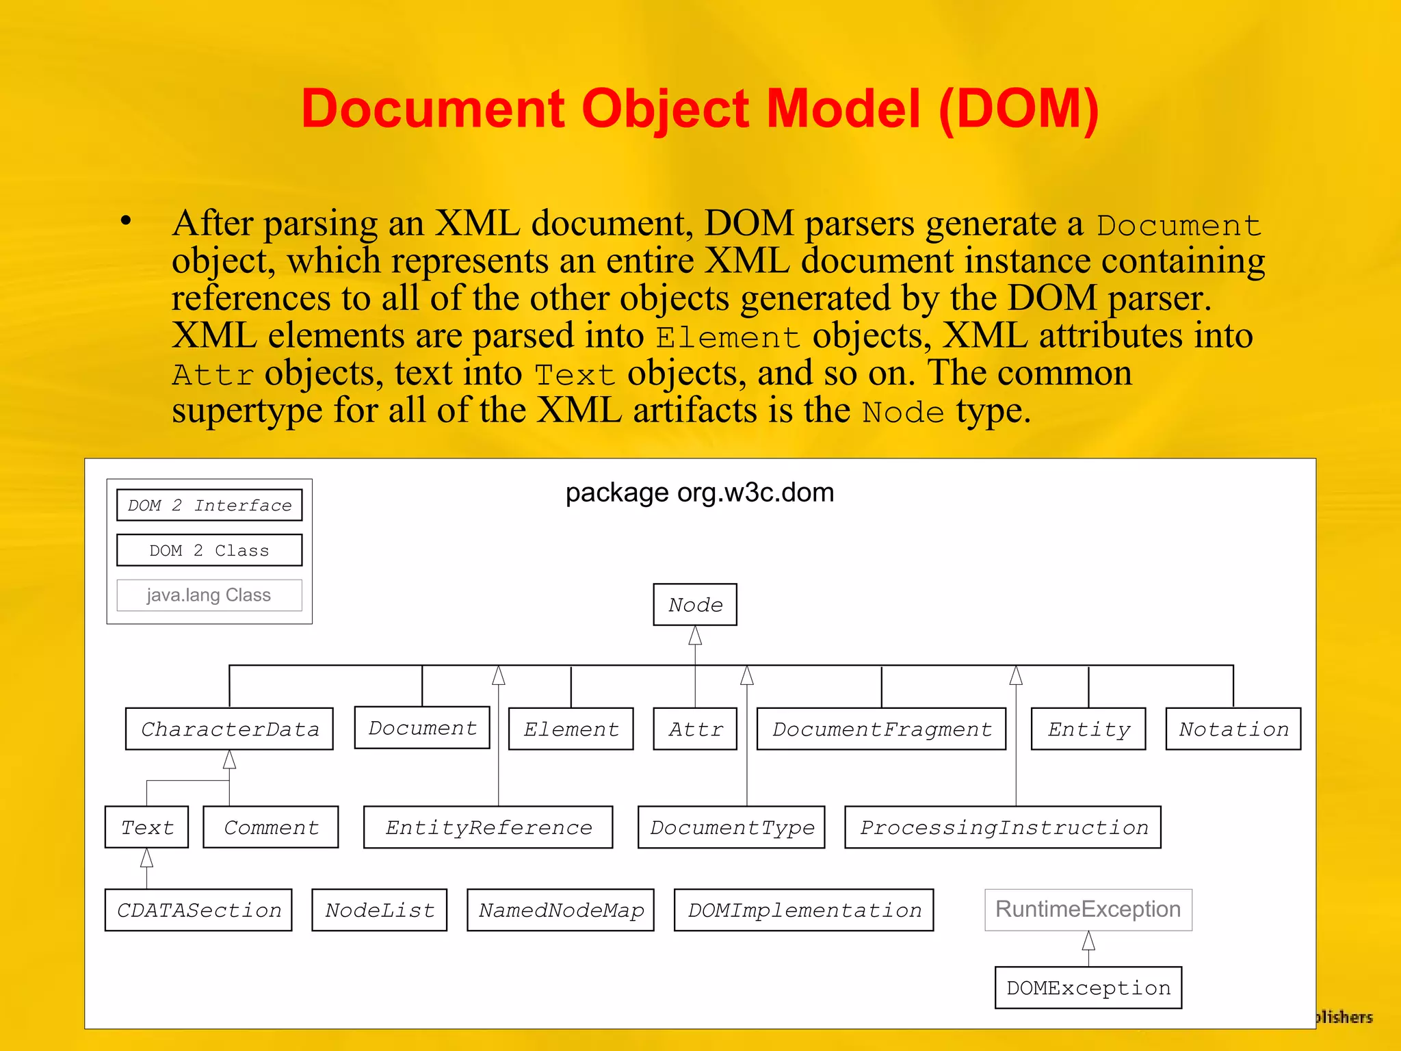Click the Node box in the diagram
[x=695, y=605]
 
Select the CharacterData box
[x=229, y=729]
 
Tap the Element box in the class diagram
[x=571, y=729]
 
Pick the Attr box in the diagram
[x=695, y=729]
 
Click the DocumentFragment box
[x=882, y=729]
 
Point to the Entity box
[x=1088, y=729]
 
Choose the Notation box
[x=1233, y=729]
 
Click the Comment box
[x=271, y=828]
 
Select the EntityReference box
[x=488, y=828]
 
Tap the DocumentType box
[x=731, y=828]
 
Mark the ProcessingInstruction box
[x=1003, y=828]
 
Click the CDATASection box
[x=198, y=911]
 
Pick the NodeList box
[x=380, y=911]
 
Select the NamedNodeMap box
[x=561, y=911]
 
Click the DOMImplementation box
[x=804, y=911]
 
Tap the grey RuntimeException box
[x=1088, y=910]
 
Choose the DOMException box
[x=1088, y=988]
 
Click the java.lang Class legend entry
[x=209, y=595]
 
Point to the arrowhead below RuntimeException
[x=1088, y=942]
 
